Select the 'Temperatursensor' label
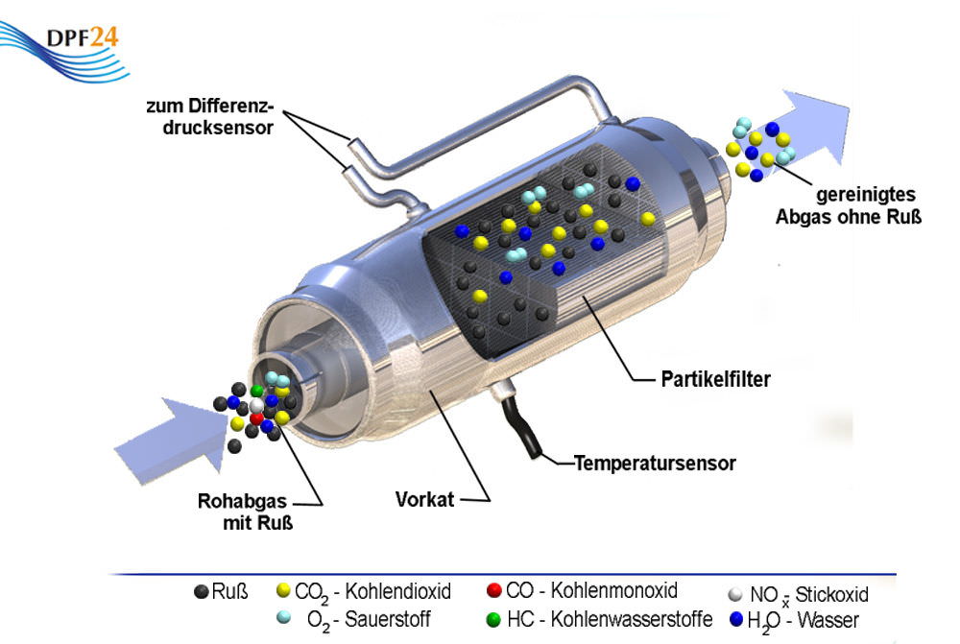tap(655, 464)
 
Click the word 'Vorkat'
tap(424, 500)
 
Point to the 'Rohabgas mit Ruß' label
tap(246, 512)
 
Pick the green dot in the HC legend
tap(494, 619)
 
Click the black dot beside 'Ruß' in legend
tap(201, 591)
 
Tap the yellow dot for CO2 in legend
tap(283, 591)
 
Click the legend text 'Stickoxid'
tap(832, 595)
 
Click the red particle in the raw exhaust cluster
tap(256, 418)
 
